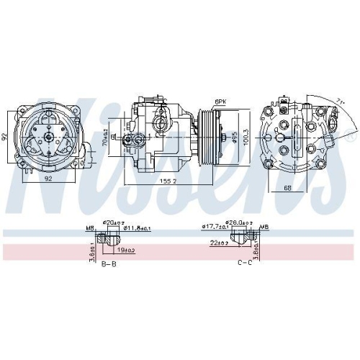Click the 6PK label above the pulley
[220, 102]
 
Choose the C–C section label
[244, 264]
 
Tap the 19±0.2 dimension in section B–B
[127, 249]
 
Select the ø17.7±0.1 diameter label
[215, 229]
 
